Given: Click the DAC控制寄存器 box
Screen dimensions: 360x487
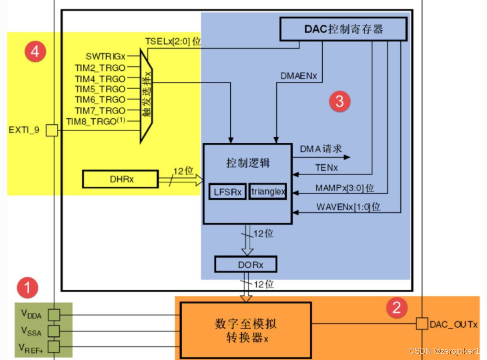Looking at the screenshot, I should (x=343, y=29).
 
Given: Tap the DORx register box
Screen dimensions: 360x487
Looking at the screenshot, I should (x=245, y=264).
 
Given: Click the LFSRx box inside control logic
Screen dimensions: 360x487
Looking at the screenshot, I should (x=227, y=192).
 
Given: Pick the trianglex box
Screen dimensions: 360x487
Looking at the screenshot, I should (x=268, y=192).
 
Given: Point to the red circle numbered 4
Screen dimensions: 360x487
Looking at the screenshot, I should (x=35, y=52).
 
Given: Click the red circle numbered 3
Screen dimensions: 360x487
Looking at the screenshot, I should (x=339, y=102).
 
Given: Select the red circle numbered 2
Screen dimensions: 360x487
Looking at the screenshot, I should (x=397, y=308).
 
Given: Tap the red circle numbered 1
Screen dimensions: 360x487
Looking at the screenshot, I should (x=28, y=288).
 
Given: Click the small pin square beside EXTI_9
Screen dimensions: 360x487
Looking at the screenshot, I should (x=52, y=130).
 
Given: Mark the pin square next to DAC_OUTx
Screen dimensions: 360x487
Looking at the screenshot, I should (x=422, y=324).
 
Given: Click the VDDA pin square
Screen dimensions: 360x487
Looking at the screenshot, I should (x=53, y=314).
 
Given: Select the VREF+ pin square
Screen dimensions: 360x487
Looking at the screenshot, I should (x=53, y=347).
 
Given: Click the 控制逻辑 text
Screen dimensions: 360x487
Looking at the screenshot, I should (x=248, y=163).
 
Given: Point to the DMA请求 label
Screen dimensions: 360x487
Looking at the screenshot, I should (x=321, y=149).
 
